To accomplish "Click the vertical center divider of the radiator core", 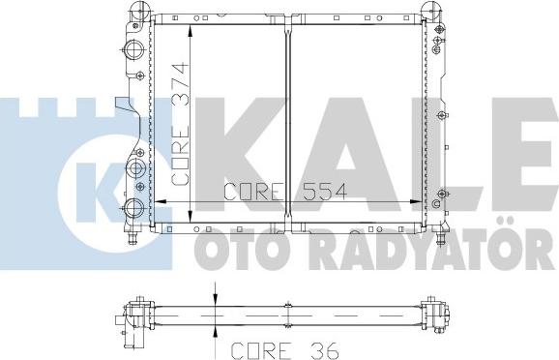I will (289, 116).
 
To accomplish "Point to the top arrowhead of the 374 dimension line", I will (191, 24).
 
